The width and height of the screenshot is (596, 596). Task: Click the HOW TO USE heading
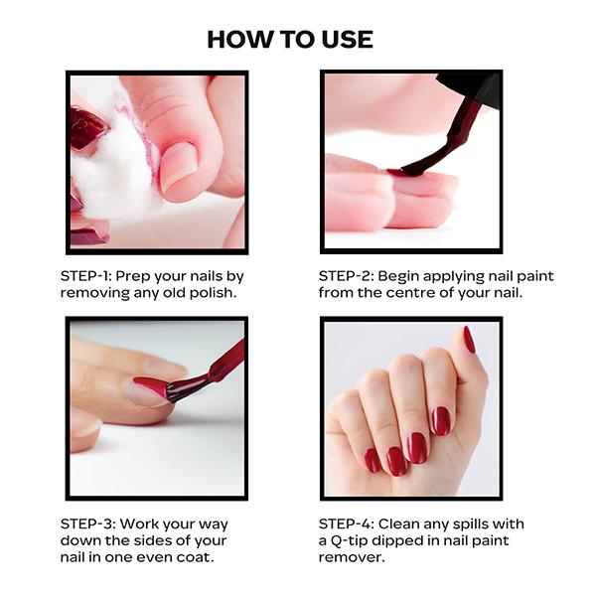click(290, 40)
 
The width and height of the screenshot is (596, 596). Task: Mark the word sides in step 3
click(166, 540)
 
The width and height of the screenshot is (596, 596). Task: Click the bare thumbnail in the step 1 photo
click(179, 165)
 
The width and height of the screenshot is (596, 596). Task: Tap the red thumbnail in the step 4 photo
click(469, 340)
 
